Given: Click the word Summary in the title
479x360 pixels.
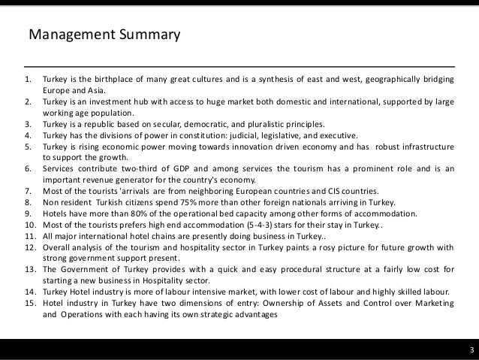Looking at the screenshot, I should tap(149, 35).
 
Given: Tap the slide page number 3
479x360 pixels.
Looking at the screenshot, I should tap(469, 350).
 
